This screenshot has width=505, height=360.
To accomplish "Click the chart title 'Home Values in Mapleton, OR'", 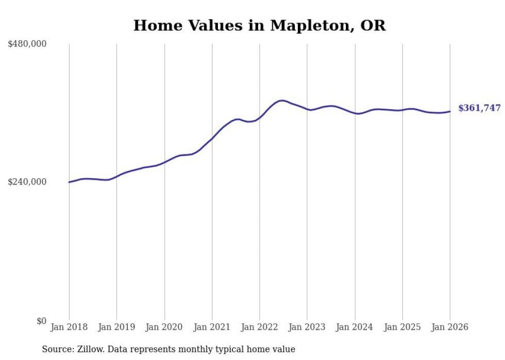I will click(259, 25).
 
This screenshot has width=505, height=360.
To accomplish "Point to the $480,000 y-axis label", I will click(27, 44).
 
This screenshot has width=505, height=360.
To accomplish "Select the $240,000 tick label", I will click(27, 182).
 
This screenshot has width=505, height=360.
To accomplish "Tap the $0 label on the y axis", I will click(41, 321).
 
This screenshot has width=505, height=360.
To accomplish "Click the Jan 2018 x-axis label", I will click(69, 327).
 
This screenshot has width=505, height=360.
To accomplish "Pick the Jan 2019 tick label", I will click(116, 327).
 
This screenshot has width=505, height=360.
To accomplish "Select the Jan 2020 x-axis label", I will click(164, 327).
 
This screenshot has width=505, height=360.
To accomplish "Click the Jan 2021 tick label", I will click(212, 327).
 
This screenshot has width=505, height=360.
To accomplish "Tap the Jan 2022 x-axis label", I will click(259, 327).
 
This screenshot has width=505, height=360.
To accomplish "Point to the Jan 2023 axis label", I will click(307, 327).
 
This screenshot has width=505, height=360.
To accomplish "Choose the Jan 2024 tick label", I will click(355, 327).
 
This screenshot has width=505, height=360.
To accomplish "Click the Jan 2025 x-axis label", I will click(402, 327).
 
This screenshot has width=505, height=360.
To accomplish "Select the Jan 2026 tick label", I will click(449, 327).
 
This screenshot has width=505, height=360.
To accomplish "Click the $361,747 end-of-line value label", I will click(479, 108).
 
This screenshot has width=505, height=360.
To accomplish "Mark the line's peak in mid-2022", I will click(282, 100).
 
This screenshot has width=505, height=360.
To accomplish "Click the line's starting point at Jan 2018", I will click(69, 182).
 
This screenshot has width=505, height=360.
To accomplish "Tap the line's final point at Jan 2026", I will click(450, 111).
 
